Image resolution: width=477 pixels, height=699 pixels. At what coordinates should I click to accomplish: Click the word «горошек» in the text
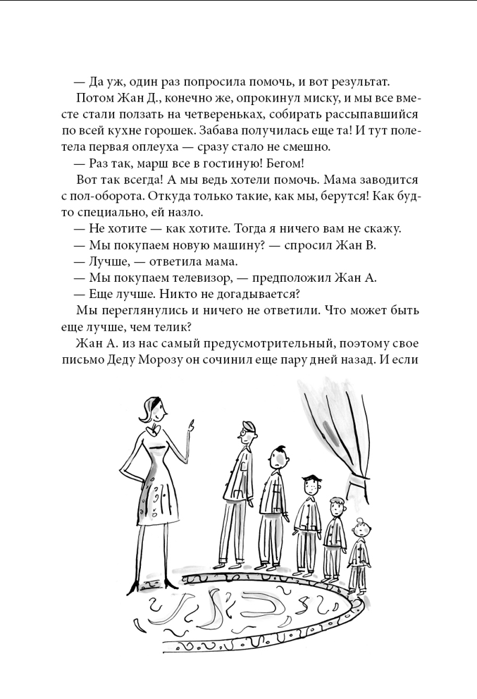[x=179, y=130]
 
